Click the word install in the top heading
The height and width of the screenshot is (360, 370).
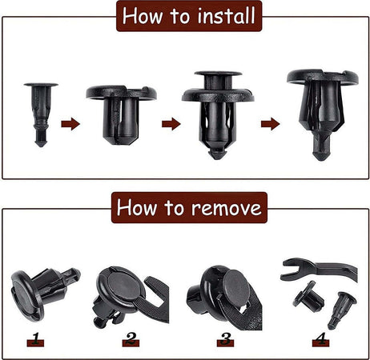(x=226, y=16)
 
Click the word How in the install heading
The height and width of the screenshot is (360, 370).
(x=142, y=16)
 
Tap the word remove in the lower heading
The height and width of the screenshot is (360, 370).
(x=227, y=207)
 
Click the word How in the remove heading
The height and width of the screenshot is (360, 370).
(x=137, y=207)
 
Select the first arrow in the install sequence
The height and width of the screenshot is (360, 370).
(x=70, y=124)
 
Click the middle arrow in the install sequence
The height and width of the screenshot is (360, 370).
(x=171, y=124)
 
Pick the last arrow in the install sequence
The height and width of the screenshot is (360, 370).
(x=271, y=124)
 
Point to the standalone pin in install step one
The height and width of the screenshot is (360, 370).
(x=41, y=114)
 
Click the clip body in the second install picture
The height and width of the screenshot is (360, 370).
(x=121, y=115)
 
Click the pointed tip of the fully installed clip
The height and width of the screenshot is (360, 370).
(x=320, y=158)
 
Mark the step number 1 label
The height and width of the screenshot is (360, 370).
(x=35, y=339)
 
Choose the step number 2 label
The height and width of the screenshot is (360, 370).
(x=131, y=339)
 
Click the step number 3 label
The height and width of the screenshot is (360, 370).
(x=226, y=339)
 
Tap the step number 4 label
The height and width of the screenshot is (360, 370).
(x=320, y=339)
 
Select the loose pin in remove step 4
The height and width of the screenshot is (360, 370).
(x=342, y=310)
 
